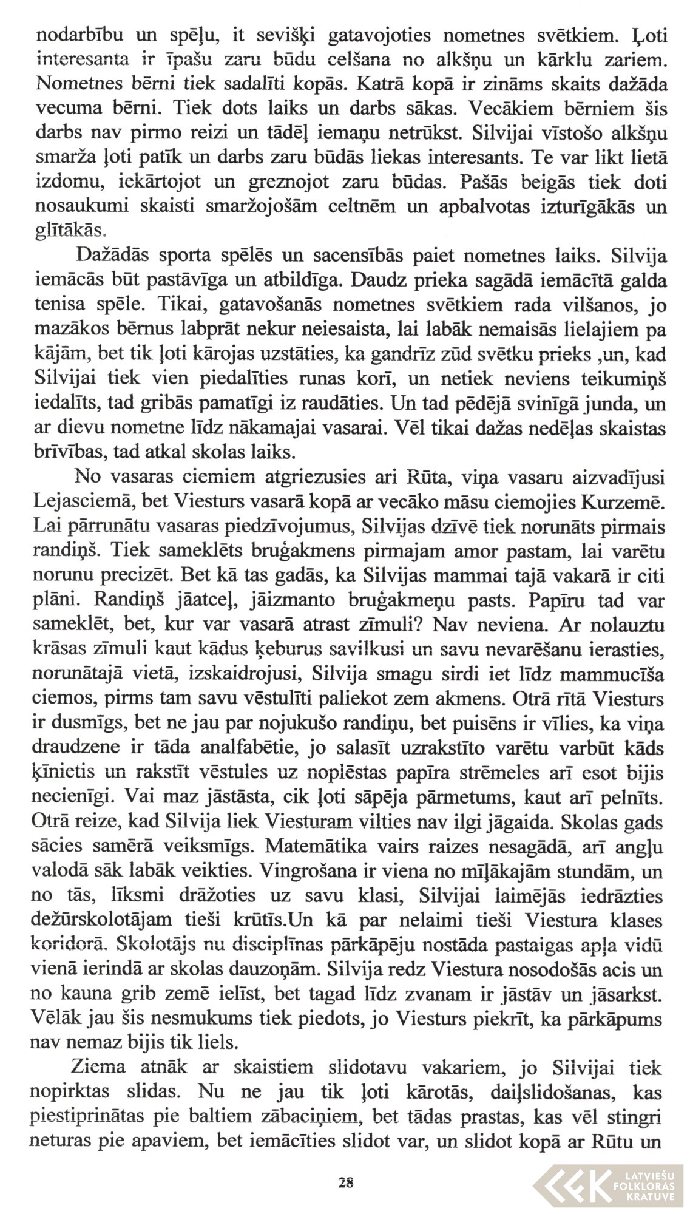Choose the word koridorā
coord(72,944)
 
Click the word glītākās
coord(72,231)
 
